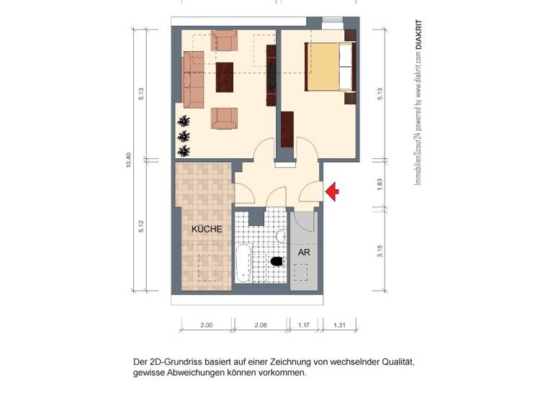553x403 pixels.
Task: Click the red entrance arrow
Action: point(333,191)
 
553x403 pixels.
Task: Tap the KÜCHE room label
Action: point(207,229)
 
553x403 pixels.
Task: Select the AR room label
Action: point(304,253)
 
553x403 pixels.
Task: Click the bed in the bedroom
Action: point(330,66)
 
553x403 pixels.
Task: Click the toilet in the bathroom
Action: point(276,261)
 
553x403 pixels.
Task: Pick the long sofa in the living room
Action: point(193,79)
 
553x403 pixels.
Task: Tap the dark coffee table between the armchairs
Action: point(225,78)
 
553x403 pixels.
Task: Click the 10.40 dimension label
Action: point(129,160)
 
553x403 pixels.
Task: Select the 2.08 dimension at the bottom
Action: point(260,325)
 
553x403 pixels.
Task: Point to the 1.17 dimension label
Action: point(305,325)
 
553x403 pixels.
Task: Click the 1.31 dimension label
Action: point(340,325)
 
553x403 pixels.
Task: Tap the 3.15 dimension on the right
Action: point(379,250)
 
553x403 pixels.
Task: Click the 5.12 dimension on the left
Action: point(142,225)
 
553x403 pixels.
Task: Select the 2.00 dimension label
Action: point(206,325)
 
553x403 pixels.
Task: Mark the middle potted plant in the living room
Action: point(184,135)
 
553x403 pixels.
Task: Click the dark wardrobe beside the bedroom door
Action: point(287,130)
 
